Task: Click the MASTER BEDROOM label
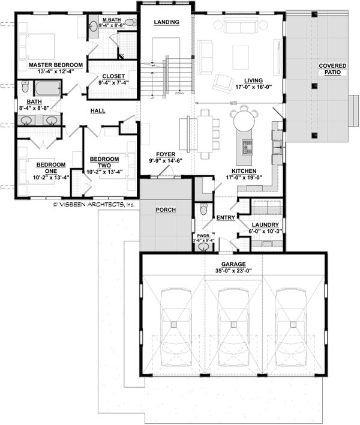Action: (50, 64)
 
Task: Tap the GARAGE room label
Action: (233, 264)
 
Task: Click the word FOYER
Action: (165, 154)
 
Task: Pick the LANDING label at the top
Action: (166, 22)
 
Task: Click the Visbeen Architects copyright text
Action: (94, 204)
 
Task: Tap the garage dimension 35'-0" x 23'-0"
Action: (233, 271)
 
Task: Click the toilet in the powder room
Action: (203, 210)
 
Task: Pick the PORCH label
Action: (166, 210)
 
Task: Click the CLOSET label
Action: (113, 76)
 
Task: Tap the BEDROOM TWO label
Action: (104, 162)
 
